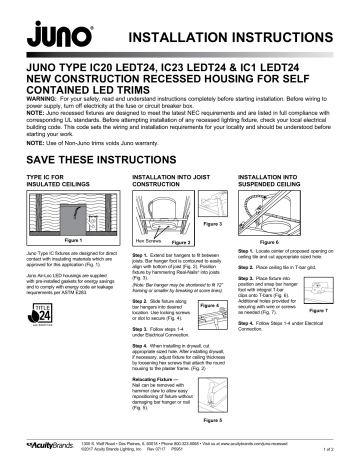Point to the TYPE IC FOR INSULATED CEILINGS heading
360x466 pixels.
click(x=48, y=182)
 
